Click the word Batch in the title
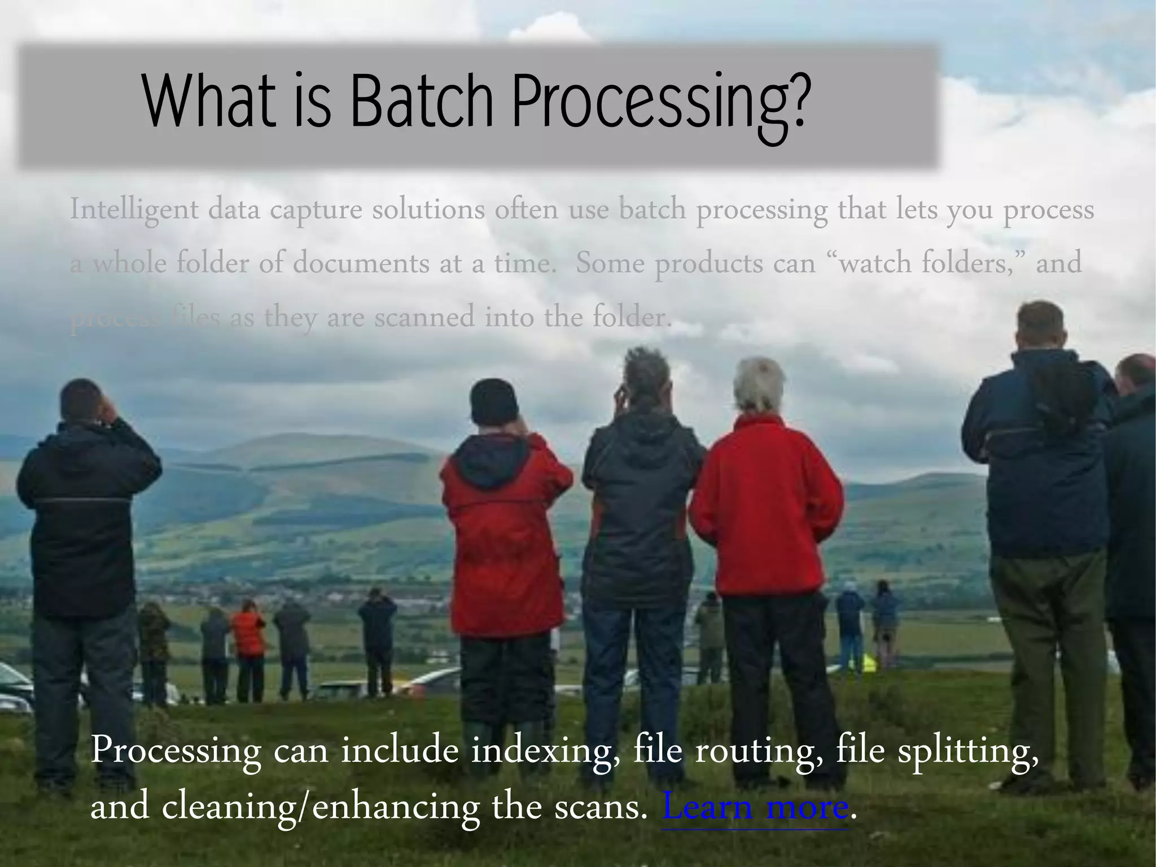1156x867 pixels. pyautogui.click(x=421, y=102)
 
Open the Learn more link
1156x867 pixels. pyautogui.click(x=755, y=808)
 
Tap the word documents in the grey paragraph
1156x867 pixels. pyautogui.click(x=361, y=264)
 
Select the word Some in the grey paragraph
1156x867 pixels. pyautogui.click(x=610, y=264)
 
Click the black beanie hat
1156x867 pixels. pyautogui.click(x=494, y=402)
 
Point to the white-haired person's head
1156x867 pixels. pyautogui.click(x=759, y=384)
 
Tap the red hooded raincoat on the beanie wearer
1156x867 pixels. pyautogui.click(x=505, y=536)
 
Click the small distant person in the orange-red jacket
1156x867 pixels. pyautogui.click(x=248, y=632)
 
